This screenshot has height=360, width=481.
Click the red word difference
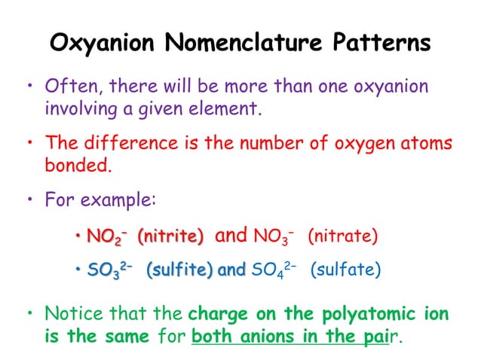[127, 143]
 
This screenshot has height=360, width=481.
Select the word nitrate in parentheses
[343, 236]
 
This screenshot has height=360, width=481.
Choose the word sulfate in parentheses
[346, 269]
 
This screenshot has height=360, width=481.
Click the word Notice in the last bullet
[72, 313]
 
